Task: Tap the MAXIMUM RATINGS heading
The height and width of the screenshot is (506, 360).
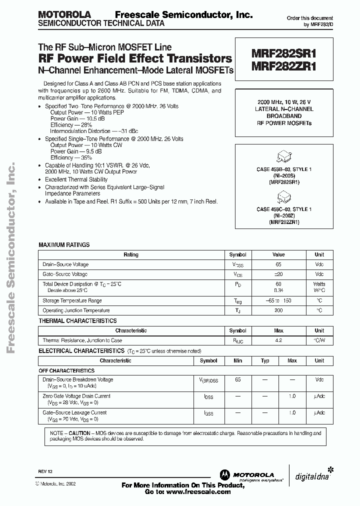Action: tap(64, 245)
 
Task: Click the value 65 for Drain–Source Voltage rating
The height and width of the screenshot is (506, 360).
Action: tap(279, 264)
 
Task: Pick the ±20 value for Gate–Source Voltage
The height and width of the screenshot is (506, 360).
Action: tap(279, 274)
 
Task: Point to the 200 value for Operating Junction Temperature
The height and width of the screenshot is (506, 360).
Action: tap(279, 310)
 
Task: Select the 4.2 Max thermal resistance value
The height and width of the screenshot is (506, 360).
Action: tap(279, 340)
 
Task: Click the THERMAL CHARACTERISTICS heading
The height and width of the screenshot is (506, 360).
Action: tap(77, 321)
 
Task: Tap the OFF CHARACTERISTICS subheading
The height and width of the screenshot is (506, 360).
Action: tap(66, 371)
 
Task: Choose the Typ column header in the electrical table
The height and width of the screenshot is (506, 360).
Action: tap(265, 360)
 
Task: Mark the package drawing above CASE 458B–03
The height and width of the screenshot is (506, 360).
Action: tap(283, 156)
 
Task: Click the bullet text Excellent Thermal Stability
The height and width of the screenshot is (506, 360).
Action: tap(76, 179)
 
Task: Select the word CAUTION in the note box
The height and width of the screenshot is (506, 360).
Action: tap(79, 432)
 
